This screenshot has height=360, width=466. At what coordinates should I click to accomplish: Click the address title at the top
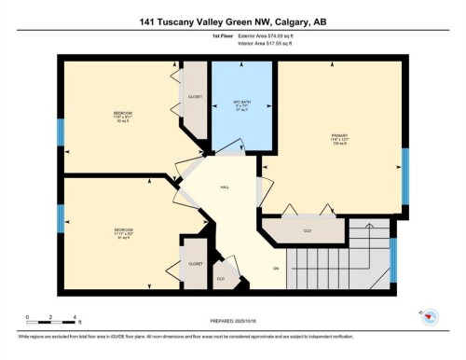233,21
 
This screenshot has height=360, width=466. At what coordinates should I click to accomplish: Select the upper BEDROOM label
122,116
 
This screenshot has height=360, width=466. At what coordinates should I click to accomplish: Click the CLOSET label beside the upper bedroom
195,96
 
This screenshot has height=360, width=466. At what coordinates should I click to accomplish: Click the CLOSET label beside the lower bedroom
195,264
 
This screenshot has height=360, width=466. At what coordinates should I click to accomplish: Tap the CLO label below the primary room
307,229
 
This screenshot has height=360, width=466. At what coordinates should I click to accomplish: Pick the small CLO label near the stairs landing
220,278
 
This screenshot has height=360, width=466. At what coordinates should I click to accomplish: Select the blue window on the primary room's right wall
405,175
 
